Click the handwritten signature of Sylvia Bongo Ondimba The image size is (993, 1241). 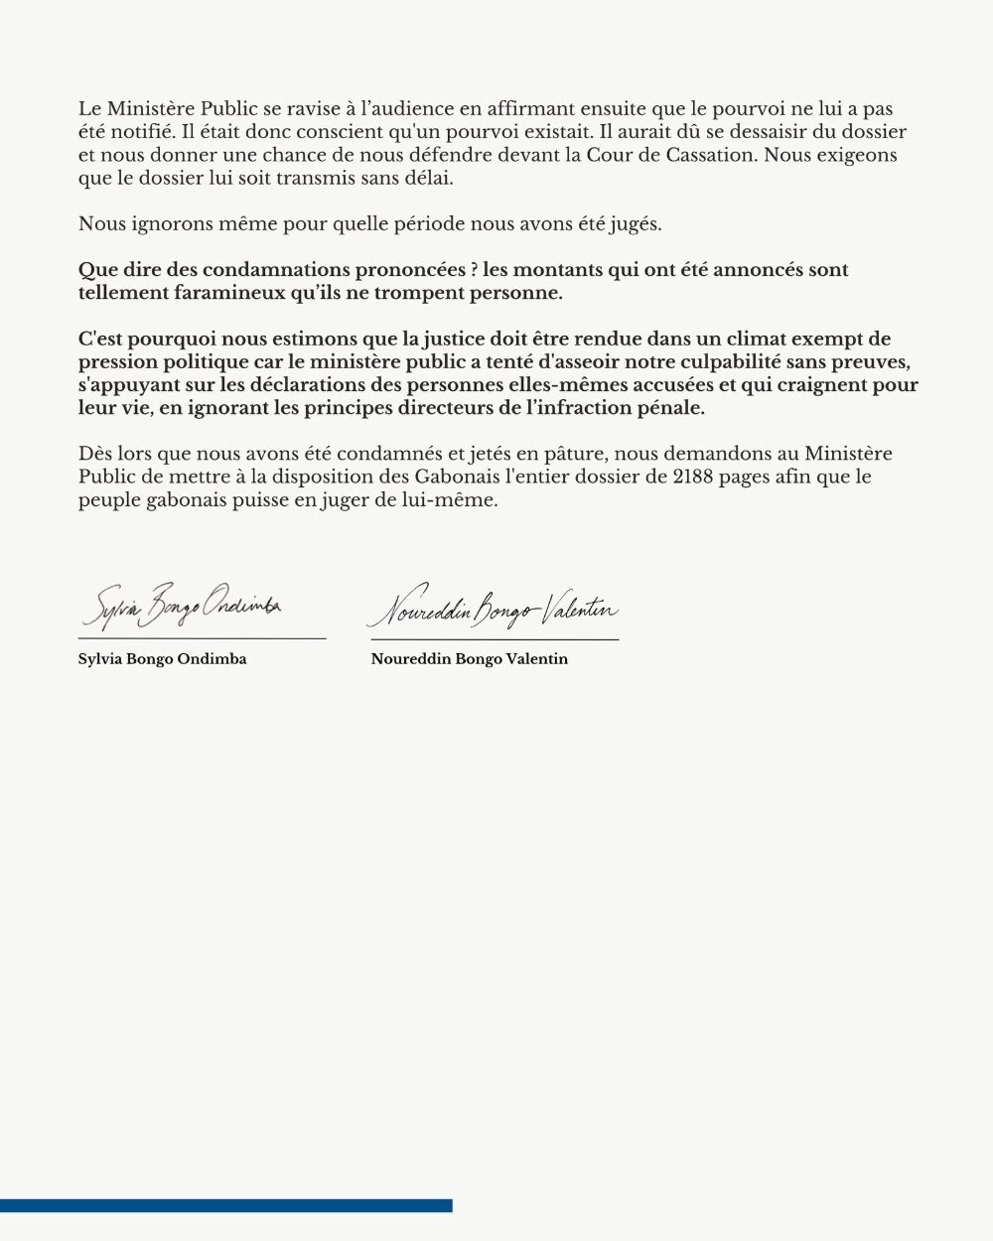[x=183, y=608]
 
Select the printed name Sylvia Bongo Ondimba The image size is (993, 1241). [x=162, y=659]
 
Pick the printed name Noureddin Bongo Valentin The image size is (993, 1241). [x=470, y=659]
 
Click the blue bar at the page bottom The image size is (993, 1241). [x=226, y=1205]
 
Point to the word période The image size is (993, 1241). [x=425, y=223]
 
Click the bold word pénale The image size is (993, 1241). [x=672, y=408]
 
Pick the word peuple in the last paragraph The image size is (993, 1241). [x=110, y=499]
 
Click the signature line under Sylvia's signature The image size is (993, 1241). [x=203, y=638]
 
